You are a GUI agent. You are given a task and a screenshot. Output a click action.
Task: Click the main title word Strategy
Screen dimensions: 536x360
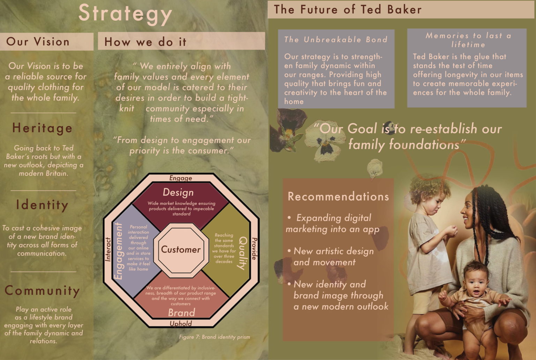125,15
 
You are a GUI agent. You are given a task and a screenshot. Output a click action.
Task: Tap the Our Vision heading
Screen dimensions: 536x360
38,42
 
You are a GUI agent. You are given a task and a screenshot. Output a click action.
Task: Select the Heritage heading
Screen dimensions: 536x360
42,128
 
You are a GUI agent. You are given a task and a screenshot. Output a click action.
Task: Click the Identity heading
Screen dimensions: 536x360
42,205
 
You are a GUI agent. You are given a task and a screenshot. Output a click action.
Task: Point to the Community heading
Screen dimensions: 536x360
42,291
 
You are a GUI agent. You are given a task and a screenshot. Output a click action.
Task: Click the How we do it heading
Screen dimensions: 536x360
145,42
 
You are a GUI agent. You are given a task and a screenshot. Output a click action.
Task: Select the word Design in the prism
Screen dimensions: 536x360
178,192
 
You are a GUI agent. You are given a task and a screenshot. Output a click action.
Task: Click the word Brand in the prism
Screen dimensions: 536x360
181,313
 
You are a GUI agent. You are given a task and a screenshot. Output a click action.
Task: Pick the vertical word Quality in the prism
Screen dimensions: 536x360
243,253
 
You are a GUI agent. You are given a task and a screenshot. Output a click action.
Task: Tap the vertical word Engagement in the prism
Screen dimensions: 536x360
118,251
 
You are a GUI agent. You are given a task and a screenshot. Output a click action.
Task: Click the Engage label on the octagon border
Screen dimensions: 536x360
181,178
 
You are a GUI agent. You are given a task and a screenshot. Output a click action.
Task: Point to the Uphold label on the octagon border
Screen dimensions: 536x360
181,324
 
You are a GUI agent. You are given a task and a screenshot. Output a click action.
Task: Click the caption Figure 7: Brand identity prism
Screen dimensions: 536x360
214,337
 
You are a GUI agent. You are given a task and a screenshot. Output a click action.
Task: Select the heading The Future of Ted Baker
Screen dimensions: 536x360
348,9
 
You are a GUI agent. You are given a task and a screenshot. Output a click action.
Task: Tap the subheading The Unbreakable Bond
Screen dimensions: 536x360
335,39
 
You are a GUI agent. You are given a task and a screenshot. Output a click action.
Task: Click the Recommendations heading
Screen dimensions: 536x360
338,196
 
